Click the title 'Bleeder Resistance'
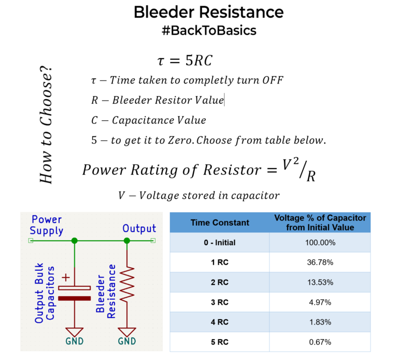(x=208, y=12)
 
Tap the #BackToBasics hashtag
(x=208, y=31)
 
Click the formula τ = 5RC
(x=184, y=60)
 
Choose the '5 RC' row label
(x=220, y=342)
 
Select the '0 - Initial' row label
(x=220, y=243)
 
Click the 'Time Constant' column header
(x=220, y=223)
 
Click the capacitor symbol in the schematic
(x=75, y=293)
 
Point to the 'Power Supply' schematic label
(x=46, y=225)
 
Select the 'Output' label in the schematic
(x=139, y=229)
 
